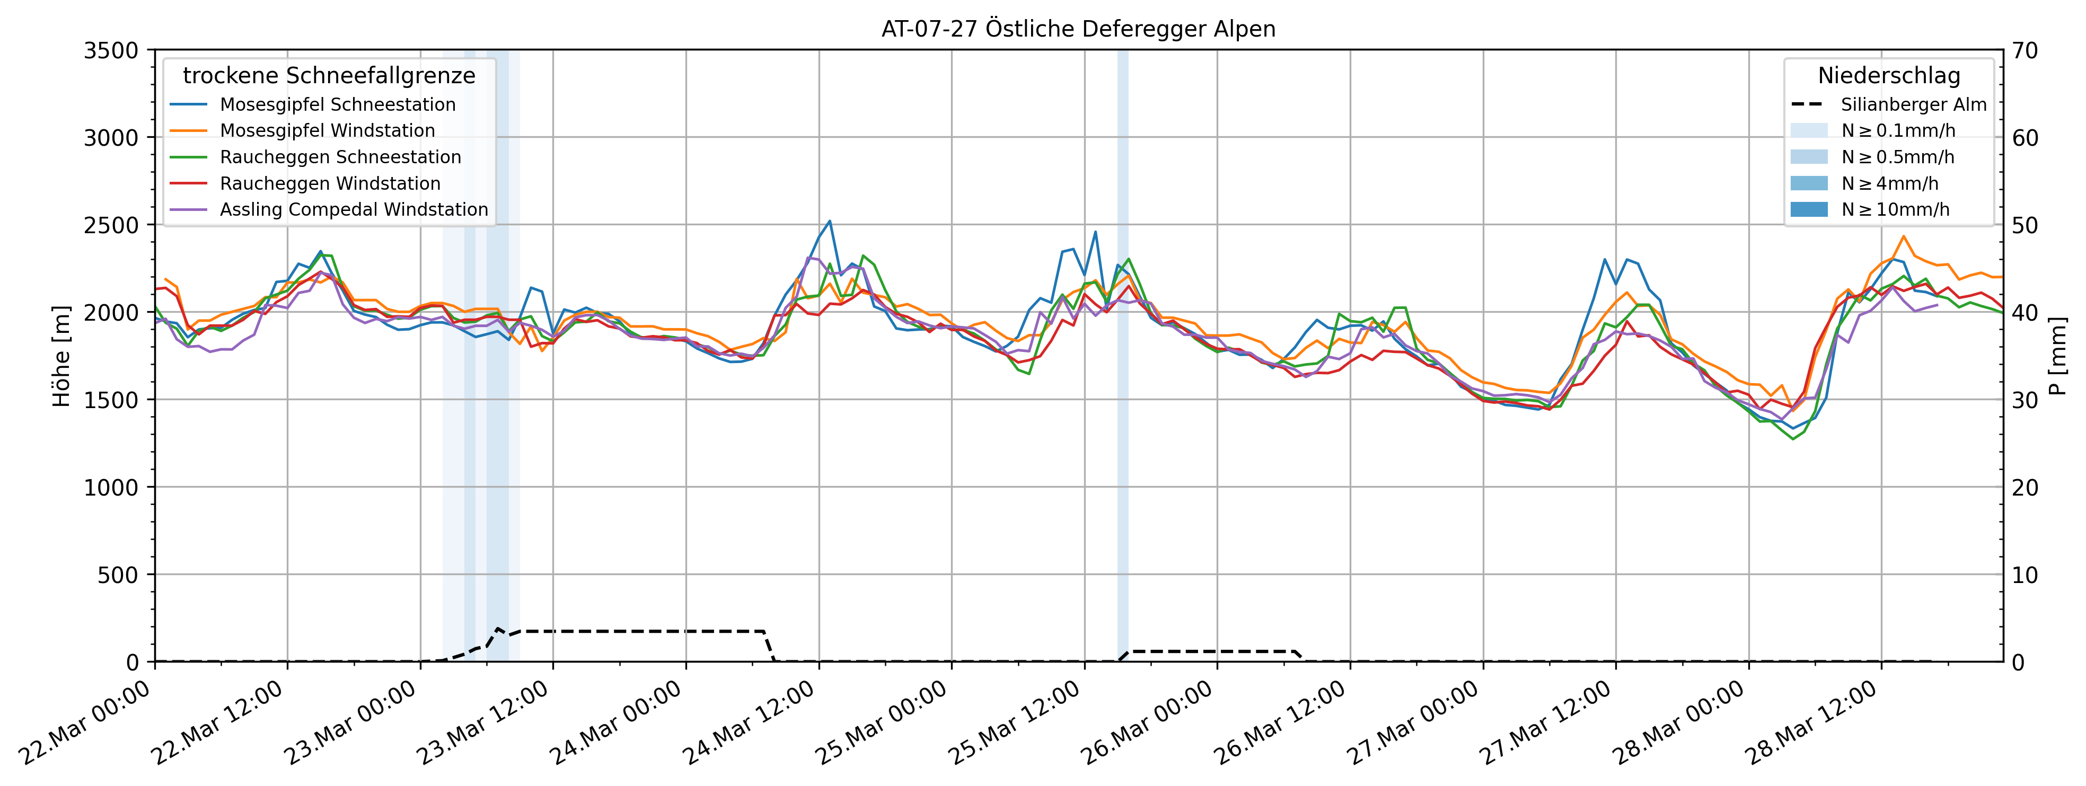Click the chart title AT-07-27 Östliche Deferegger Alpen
1078,29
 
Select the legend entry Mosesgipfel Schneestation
337,104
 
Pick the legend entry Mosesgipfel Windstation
327,130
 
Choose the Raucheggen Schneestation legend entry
340,157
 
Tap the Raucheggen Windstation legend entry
330,184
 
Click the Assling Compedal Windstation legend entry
354,210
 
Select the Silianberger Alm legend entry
1913,104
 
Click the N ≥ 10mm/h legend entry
1895,210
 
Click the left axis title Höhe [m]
61,356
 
